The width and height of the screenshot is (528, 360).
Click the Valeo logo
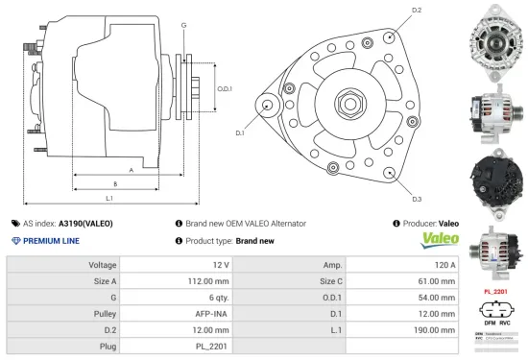point(441,241)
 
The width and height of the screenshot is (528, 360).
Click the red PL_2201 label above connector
point(494,290)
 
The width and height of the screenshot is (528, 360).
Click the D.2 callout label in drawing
point(417,10)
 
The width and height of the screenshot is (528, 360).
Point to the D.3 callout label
point(417,198)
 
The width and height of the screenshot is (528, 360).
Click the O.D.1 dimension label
point(226,88)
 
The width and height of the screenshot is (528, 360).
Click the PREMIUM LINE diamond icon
point(14,241)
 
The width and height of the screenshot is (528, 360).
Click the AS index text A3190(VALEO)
point(85,223)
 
